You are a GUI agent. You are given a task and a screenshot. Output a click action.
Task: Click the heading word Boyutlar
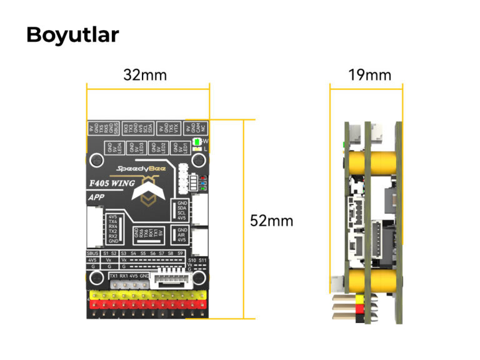[x=72, y=35]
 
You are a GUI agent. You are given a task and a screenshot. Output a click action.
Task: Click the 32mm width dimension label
[x=145, y=75]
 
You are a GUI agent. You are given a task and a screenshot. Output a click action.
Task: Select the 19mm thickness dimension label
[x=369, y=75]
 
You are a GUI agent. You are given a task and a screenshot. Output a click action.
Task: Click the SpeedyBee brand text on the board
[x=141, y=169]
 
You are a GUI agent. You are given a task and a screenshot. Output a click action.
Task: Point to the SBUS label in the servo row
[x=93, y=253]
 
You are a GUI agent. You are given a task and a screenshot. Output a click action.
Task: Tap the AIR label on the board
[x=182, y=234]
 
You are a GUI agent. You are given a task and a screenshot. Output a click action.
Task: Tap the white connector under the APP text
[x=94, y=229]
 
